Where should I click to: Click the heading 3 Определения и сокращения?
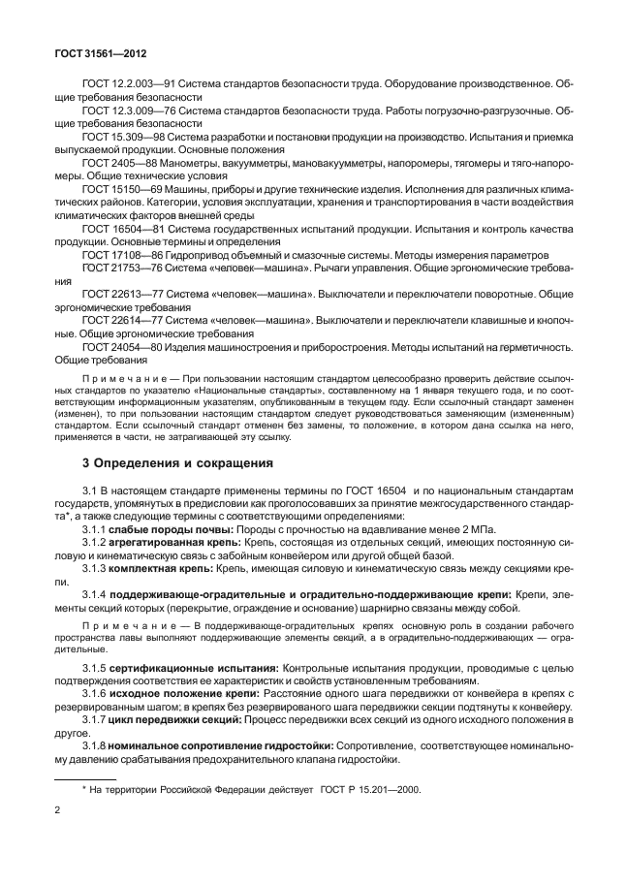tap(177, 463)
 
